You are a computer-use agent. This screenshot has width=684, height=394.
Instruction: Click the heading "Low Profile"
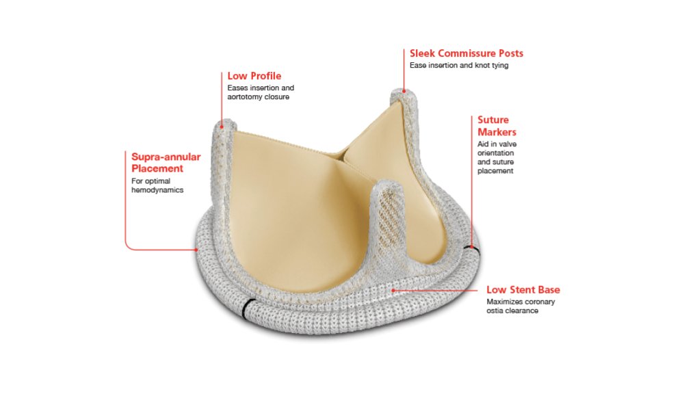click(254, 76)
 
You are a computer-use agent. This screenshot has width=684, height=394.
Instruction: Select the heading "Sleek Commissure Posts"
click(466, 53)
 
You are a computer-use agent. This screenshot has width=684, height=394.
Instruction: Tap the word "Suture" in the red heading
click(493, 120)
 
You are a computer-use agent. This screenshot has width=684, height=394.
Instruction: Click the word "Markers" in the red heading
click(497, 132)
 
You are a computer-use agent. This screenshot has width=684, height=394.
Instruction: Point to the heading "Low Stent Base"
click(523, 290)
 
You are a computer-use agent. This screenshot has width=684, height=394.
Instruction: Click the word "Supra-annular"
click(166, 157)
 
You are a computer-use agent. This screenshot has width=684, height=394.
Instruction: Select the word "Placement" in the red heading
click(157, 168)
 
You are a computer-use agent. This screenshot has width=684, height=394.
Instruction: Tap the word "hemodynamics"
click(157, 190)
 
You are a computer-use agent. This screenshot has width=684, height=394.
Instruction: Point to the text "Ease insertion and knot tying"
click(459, 66)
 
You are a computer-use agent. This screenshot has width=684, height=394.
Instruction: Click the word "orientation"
click(495, 153)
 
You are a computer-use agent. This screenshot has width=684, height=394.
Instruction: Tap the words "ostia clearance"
click(512, 311)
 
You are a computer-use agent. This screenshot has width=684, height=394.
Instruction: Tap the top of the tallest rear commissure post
click(404, 92)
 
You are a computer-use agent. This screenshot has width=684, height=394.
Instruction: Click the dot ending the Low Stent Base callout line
click(393, 290)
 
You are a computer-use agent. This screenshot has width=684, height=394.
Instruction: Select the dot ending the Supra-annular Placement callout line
click(197, 250)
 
